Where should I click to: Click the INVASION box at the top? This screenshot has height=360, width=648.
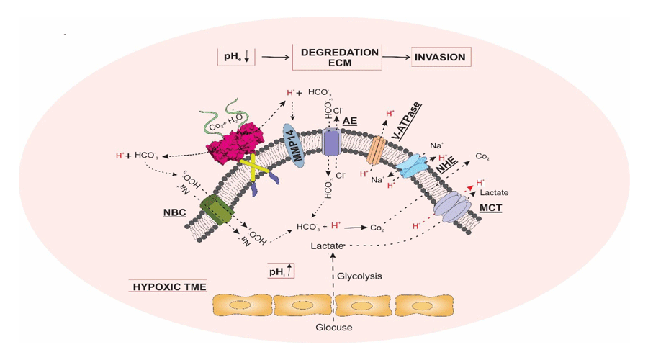click(441, 57)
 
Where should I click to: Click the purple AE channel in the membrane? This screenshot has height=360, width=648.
click(330, 143)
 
